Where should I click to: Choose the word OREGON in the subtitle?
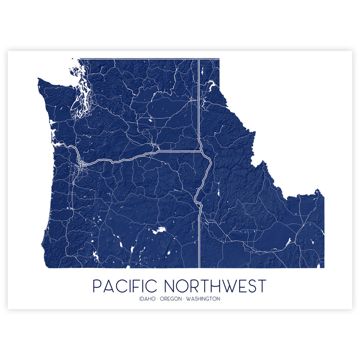171,299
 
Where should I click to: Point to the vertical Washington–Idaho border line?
199,103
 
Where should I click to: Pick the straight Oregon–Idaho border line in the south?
199,237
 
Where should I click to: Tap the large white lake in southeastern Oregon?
159,230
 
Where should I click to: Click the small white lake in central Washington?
150,120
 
